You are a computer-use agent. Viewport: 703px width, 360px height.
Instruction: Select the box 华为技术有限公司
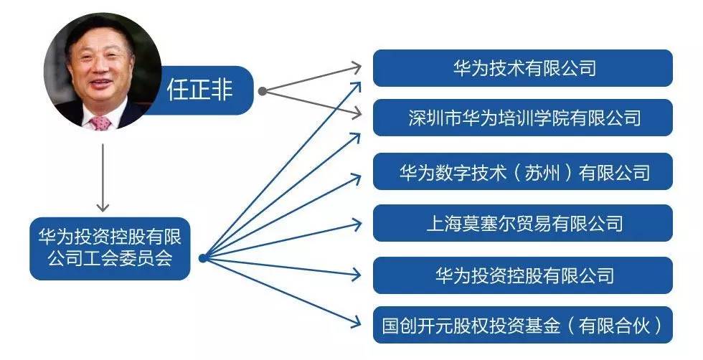tap(522, 68)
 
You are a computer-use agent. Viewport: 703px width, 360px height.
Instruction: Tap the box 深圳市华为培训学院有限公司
tap(522, 117)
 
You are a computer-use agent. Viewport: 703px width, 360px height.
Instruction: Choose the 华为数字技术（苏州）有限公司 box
tap(522, 172)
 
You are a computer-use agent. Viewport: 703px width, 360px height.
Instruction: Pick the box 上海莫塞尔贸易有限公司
tap(522, 223)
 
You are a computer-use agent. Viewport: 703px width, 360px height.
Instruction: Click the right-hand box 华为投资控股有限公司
tap(522, 275)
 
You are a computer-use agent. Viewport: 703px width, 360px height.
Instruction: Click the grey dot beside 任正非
tap(263, 91)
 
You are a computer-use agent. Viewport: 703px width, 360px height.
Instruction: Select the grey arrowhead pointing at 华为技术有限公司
tap(358, 67)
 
